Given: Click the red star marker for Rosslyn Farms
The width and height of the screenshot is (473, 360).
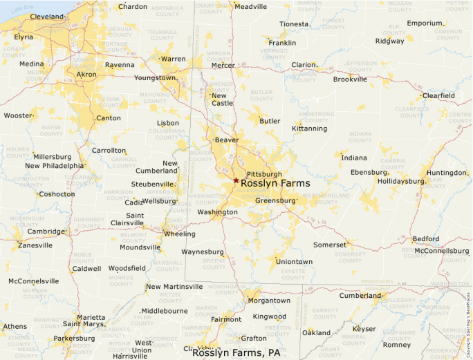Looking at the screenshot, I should pyautogui.click(x=236, y=180).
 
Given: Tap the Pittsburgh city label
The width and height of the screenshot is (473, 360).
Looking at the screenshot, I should pyautogui.click(x=264, y=174).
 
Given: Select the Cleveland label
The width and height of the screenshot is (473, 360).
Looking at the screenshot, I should pyautogui.click(x=47, y=16).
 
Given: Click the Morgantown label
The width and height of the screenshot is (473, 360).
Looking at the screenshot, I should pyautogui.click(x=269, y=301).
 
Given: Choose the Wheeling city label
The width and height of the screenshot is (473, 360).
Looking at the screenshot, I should pyautogui.click(x=179, y=234).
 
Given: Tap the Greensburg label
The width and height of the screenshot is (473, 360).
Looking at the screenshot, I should pyautogui.click(x=275, y=200).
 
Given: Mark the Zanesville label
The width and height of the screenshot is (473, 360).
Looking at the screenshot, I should pyautogui.click(x=35, y=245).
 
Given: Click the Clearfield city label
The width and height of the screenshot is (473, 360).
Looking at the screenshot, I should pyautogui.click(x=438, y=95).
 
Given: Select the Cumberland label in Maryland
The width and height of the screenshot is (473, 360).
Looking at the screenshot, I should pyautogui.click(x=360, y=296).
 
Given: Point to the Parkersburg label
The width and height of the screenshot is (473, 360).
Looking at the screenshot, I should pyautogui.click(x=74, y=339).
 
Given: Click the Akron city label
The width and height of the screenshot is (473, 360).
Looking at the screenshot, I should pyautogui.click(x=86, y=74).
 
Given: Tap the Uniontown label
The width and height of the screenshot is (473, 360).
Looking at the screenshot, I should pyautogui.click(x=294, y=262).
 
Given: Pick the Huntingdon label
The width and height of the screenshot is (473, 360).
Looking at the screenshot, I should pyautogui.click(x=446, y=173).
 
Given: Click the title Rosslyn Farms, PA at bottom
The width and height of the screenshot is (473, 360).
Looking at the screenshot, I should pyautogui.click(x=236, y=352).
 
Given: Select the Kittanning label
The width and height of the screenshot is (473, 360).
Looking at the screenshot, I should pyautogui.click(x=309, y=129).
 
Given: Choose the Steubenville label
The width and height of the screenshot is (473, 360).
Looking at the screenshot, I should pyautogui.click(x=153, y=184).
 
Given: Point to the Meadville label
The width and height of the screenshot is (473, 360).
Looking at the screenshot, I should pyautogui.click(x=250, y=6).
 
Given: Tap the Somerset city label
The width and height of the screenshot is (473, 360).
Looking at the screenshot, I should pyautogui.click(x=330, y=245).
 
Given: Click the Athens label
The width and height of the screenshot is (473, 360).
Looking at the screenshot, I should pyautogui.click(x=15, y=326).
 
